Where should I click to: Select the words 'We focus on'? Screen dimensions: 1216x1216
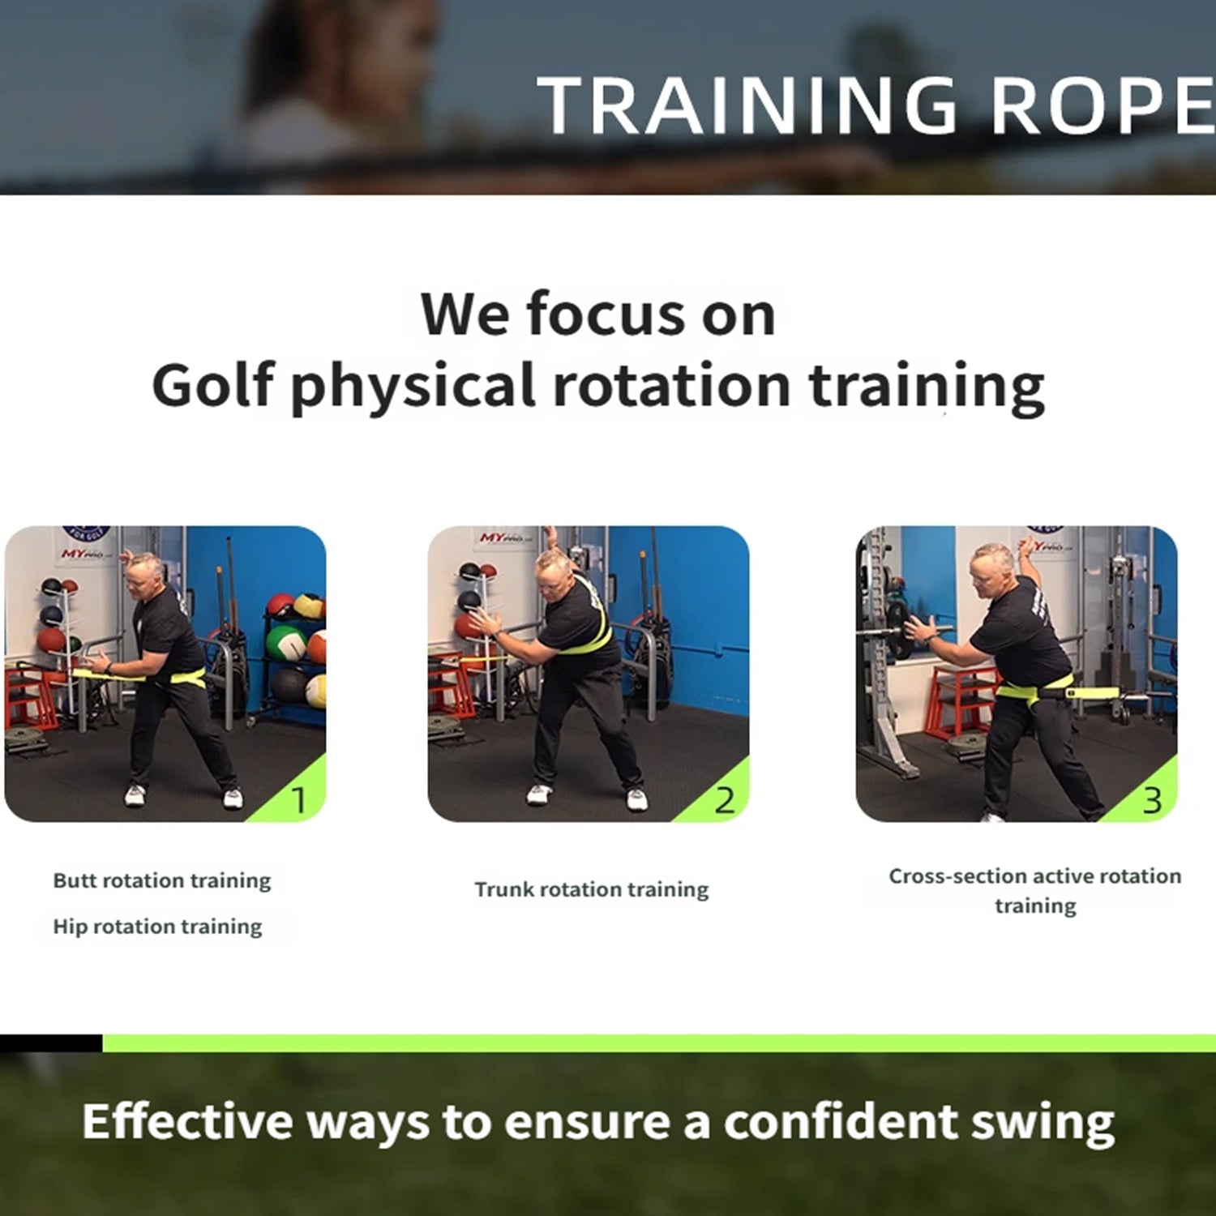598,315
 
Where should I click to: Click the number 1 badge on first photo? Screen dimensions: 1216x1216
298,801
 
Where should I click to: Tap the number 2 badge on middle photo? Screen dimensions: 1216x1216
724,801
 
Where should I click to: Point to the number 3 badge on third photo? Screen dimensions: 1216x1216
1152,801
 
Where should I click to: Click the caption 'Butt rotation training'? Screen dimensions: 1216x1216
162,880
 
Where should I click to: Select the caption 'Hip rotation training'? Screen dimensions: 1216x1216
157,927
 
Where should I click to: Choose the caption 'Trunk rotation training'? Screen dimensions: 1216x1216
591,889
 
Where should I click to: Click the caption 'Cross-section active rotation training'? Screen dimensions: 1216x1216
1034,890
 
